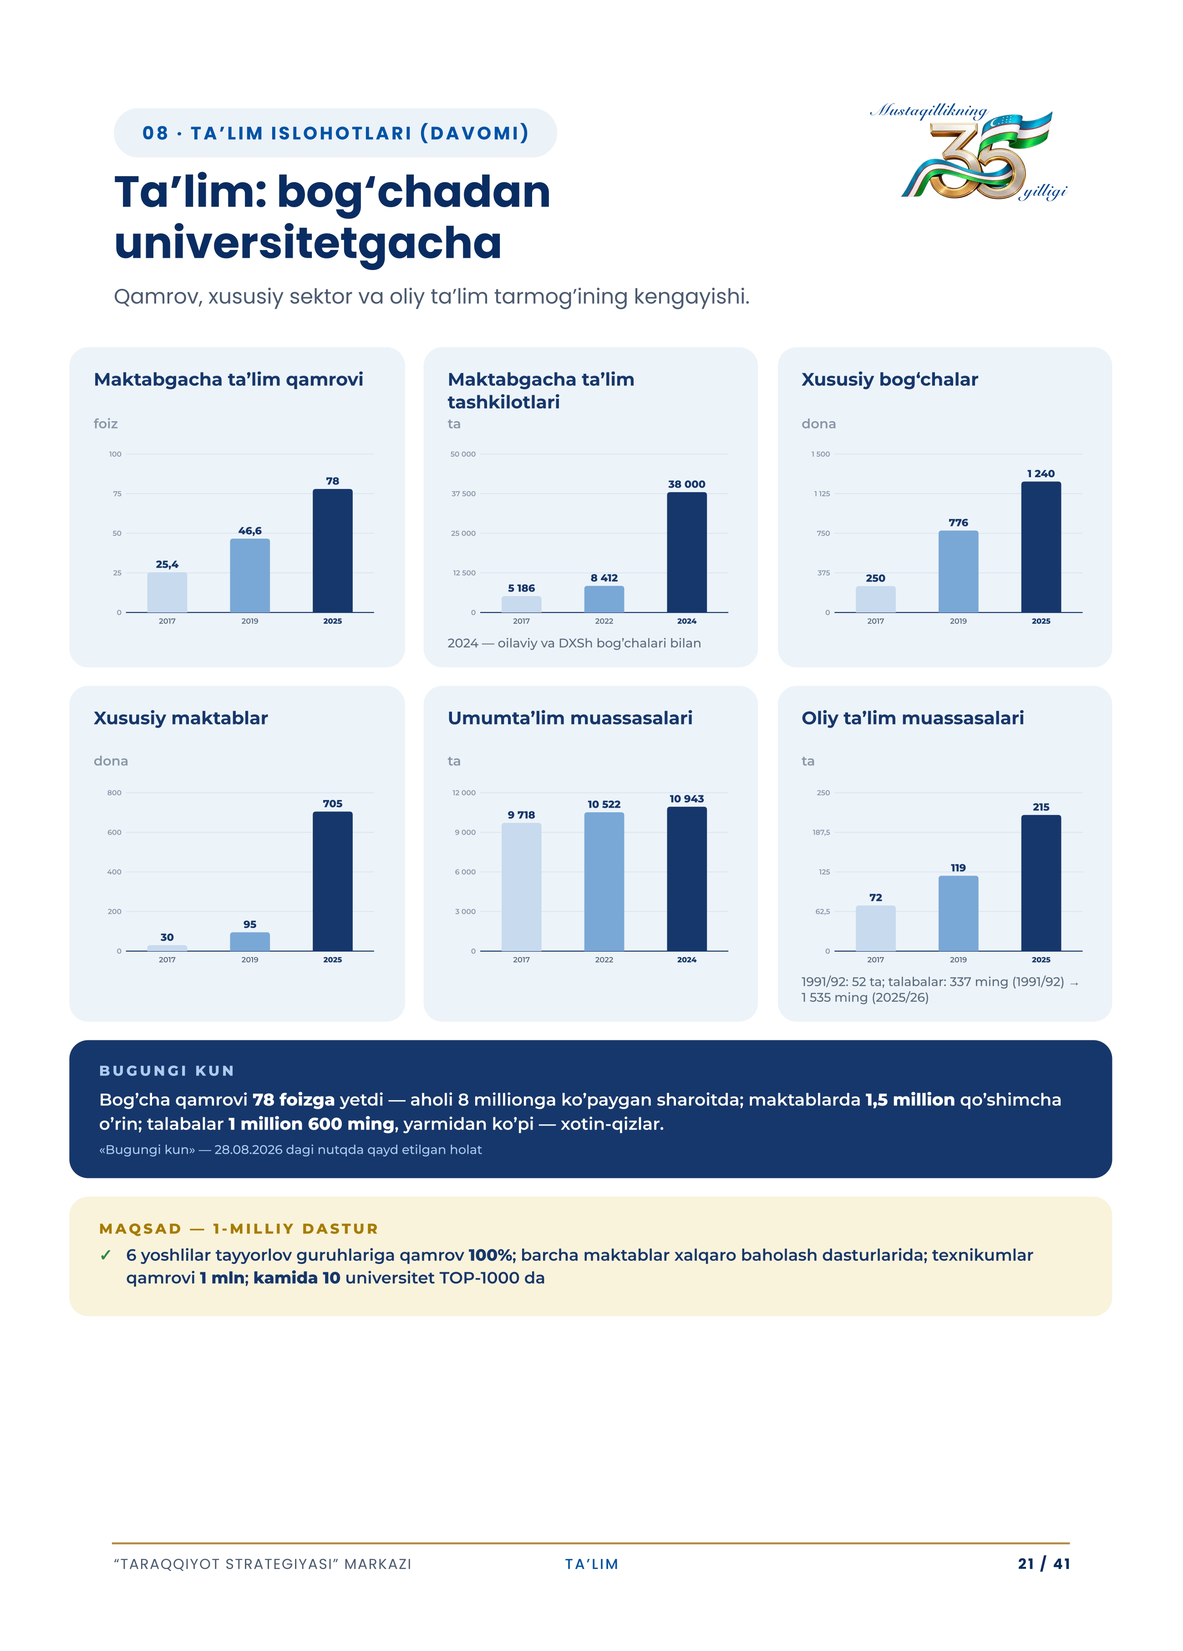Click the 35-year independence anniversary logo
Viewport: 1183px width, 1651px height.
pos(968,152)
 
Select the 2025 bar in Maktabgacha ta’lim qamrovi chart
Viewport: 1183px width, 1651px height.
pos(332,550)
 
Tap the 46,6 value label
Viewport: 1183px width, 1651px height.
pos(249,531)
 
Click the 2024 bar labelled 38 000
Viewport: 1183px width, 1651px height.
pos(687,552)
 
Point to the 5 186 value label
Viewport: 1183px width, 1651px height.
pos(521,588)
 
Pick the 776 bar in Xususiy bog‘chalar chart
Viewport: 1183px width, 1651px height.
pos(958,571)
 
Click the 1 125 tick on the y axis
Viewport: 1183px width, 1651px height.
pos(822,494)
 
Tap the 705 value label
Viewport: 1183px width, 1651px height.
pos(332,804)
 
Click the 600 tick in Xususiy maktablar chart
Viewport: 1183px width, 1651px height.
pos(114,832)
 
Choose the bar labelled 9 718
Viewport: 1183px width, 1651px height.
pos(521,887)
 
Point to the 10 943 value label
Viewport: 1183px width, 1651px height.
pos(687,799)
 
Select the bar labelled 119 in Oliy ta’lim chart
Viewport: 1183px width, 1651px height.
pos(958,913)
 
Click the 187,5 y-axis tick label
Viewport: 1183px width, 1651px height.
pos(821,832)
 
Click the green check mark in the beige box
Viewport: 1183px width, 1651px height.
pos(106,1255)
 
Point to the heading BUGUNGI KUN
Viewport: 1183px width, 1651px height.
pos(167,1071)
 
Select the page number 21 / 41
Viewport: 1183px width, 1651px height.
pos(1043,1564)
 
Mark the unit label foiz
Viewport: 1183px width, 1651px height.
pos(106,423)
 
